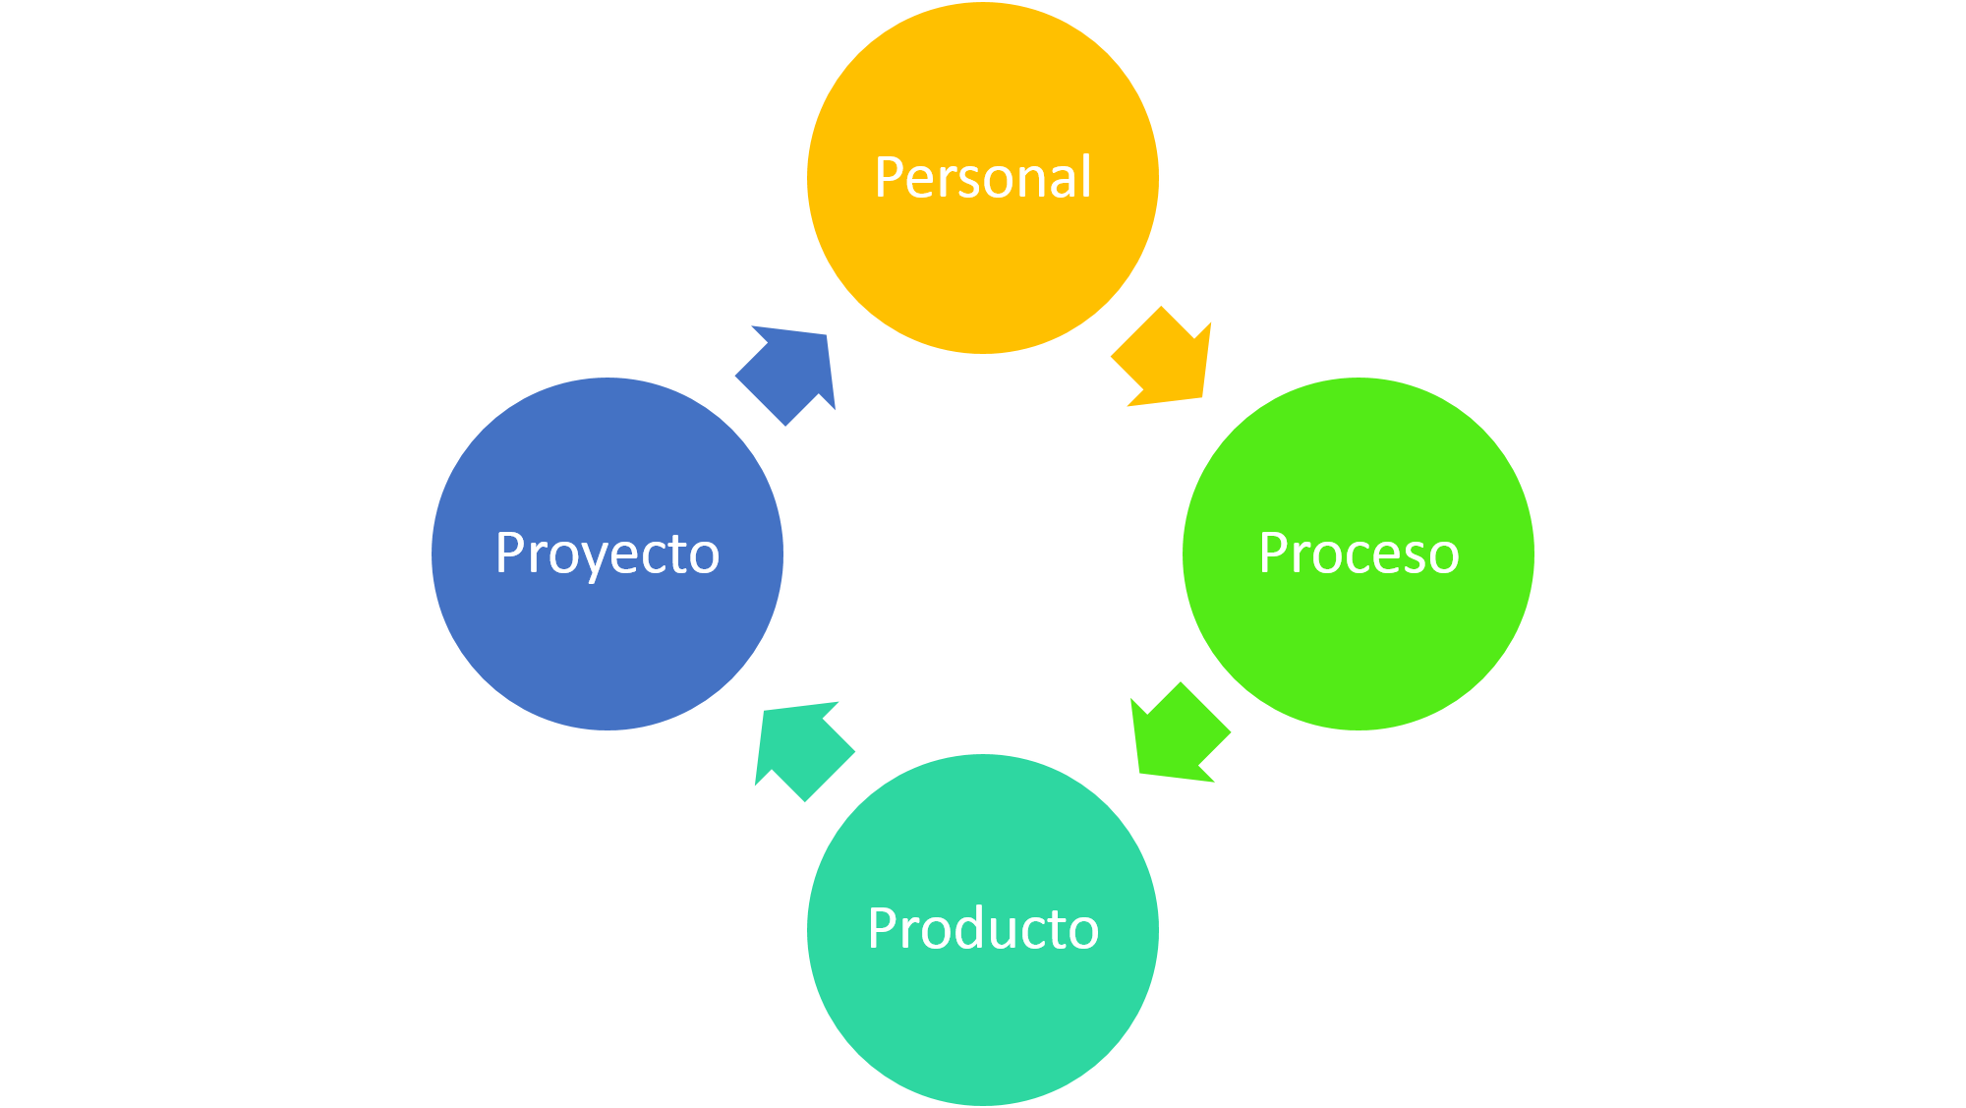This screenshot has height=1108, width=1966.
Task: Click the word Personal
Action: [983, 178]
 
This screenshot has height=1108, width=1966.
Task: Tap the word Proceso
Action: [1359, 554]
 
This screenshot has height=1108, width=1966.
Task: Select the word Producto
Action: [983, 928]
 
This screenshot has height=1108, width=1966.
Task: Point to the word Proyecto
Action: [607, 555]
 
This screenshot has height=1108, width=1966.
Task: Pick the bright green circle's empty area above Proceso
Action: [1359, 452]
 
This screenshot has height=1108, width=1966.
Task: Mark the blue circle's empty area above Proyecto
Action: [607, 452]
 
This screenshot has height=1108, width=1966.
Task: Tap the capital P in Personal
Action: [890, 178]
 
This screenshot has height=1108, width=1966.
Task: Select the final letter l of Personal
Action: [1086, 177]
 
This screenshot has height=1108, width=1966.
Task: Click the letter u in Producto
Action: [1003, 935]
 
